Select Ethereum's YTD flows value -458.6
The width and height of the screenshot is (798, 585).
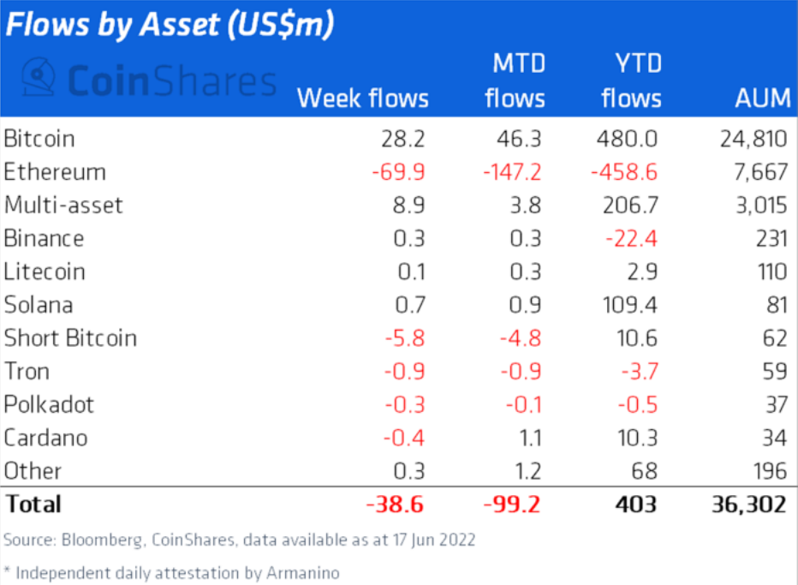(x=623, y=172)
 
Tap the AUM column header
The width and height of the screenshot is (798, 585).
(x=762, y=98)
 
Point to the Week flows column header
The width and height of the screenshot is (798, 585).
(x=362, y=98)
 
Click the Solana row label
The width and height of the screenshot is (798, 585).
(x=39, y=305)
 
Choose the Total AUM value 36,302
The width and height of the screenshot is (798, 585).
(x=747, y=504)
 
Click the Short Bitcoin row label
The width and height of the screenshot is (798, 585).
(x=70, y=338)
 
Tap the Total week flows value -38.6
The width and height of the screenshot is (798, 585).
(x=396, y=504)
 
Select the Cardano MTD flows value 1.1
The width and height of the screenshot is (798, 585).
(x=530, y=439)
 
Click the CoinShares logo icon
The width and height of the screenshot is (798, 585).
(x=39, y=80)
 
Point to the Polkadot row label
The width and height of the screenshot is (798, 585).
(x=49, y=405)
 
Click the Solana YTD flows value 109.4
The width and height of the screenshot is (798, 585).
(x=629, y=305)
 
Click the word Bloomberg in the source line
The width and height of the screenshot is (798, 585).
(x=92, y=540)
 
